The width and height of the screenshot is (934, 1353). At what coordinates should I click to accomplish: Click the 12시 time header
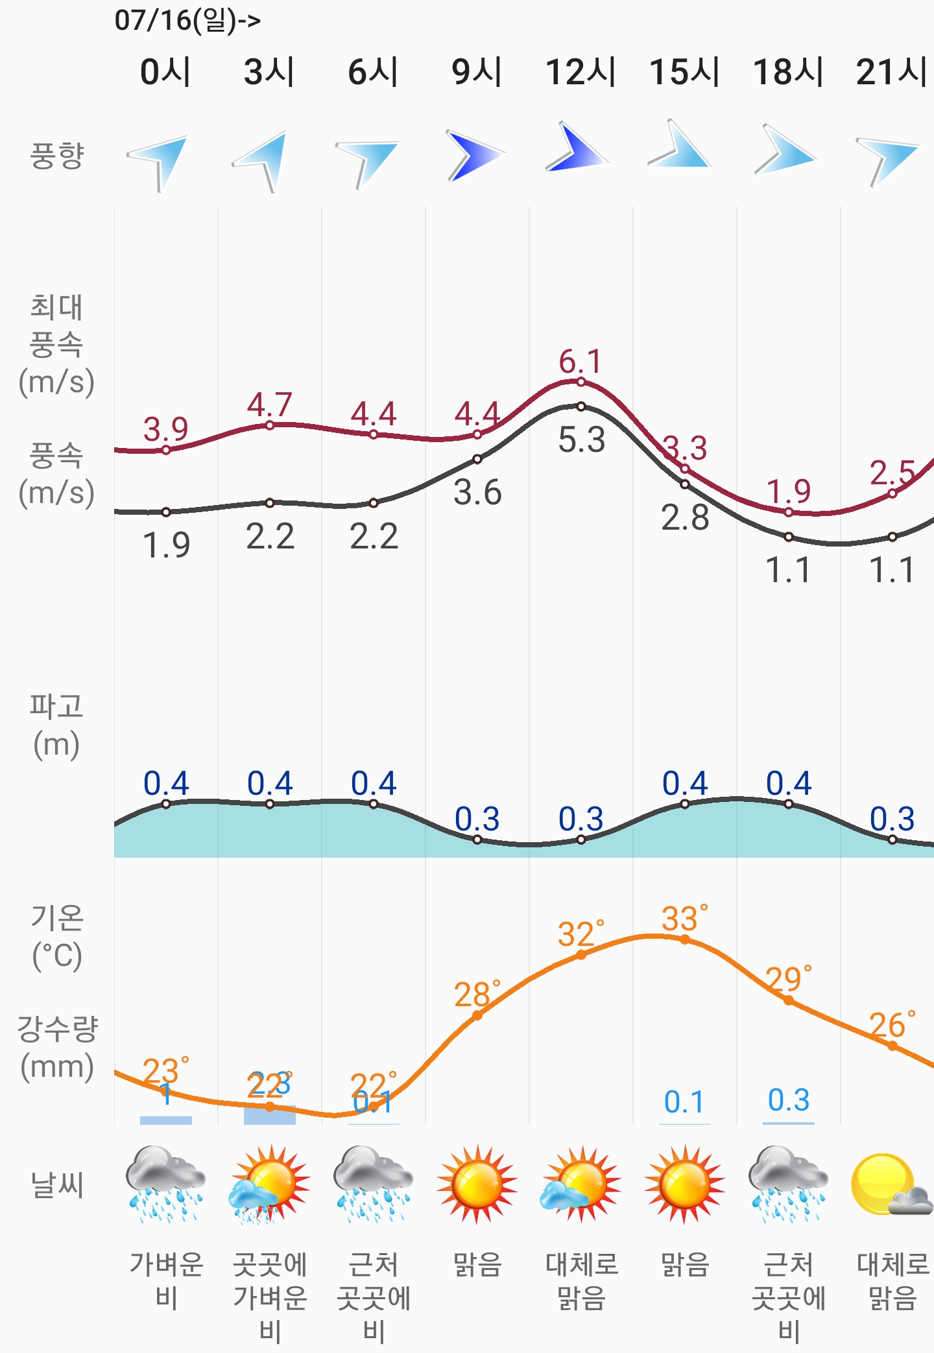tap(581, 71)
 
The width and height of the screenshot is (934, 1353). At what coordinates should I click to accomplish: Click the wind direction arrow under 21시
tap(888, 159)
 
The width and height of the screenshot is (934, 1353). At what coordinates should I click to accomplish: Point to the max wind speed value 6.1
tap(581, 362)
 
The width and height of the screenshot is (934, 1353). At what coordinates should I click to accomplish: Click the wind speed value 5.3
tap(581, 440)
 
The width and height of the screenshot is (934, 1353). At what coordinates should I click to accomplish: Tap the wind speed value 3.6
tap(477, 493)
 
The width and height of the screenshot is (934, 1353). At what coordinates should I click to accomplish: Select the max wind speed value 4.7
tap(269, 405)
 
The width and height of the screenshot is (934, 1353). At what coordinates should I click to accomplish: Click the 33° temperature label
tap(684, 919)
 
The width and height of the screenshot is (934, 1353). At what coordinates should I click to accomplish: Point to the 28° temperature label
tap(477, 994)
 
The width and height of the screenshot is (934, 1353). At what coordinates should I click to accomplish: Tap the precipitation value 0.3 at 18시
tap(789, 1100)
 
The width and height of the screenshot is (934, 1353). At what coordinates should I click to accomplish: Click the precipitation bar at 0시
tap(166, 1120)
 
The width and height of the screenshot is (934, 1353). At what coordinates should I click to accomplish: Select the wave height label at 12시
tap(581, 819)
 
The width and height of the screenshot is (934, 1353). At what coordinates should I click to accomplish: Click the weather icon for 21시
tap(890, 1185)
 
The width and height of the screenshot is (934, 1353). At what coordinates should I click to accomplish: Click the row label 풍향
tap(57, 156)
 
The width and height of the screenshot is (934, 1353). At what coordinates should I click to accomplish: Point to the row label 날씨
tap(57, 1185)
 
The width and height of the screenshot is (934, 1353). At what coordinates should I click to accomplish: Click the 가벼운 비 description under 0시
tap(167, 1281)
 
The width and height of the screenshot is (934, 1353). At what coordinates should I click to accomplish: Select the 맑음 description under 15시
tap(684, 1265)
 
